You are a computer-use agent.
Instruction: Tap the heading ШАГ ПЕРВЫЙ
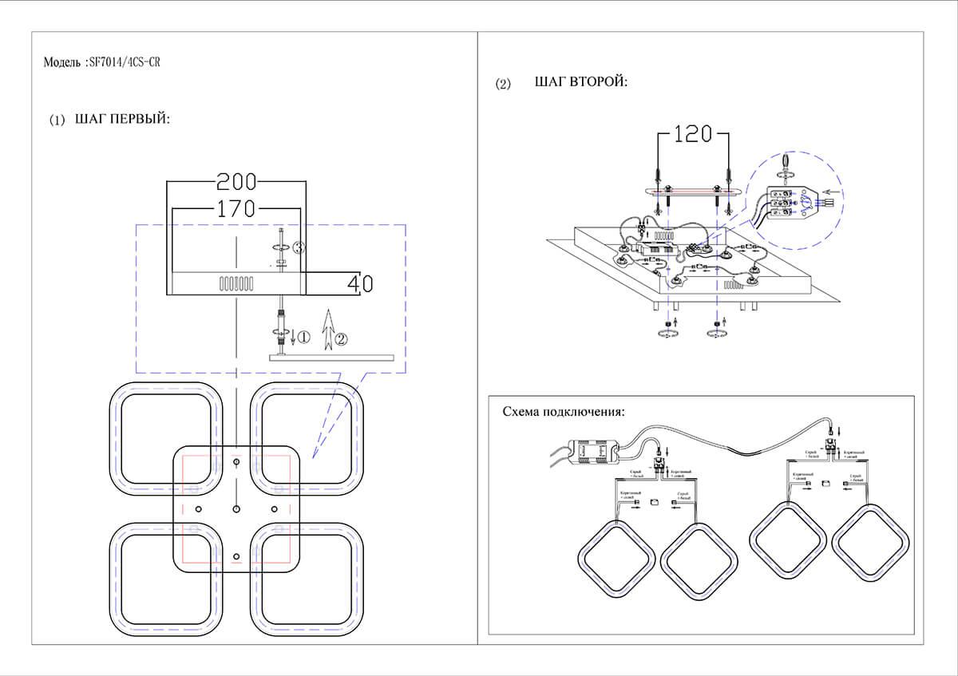(x=122, y=120)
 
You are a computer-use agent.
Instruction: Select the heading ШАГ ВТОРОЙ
(x=580, y=83)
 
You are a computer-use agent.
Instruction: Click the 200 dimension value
(x=236, y=181)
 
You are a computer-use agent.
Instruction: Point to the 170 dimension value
(x=236, y=210)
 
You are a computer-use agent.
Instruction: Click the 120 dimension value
(x=691, y=134)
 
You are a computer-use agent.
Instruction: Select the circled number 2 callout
(x=341, y=338)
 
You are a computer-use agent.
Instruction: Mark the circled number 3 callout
(x=298, y=247)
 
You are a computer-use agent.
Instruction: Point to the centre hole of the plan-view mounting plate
(x=236, y=508)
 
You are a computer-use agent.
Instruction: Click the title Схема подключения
(x=563, y=413)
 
